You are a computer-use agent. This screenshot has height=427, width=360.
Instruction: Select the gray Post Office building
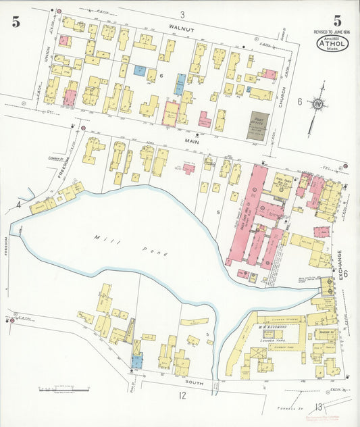coord(258,126)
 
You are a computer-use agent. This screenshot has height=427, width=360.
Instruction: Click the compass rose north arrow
coord(316,106)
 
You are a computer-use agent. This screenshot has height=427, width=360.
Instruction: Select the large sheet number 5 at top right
coord(337,20)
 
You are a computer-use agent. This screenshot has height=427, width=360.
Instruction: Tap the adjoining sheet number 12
coord(182,395)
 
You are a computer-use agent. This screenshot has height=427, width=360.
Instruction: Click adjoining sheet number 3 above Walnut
coord(182,15)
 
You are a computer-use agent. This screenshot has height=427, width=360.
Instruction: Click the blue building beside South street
coord(137,361)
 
